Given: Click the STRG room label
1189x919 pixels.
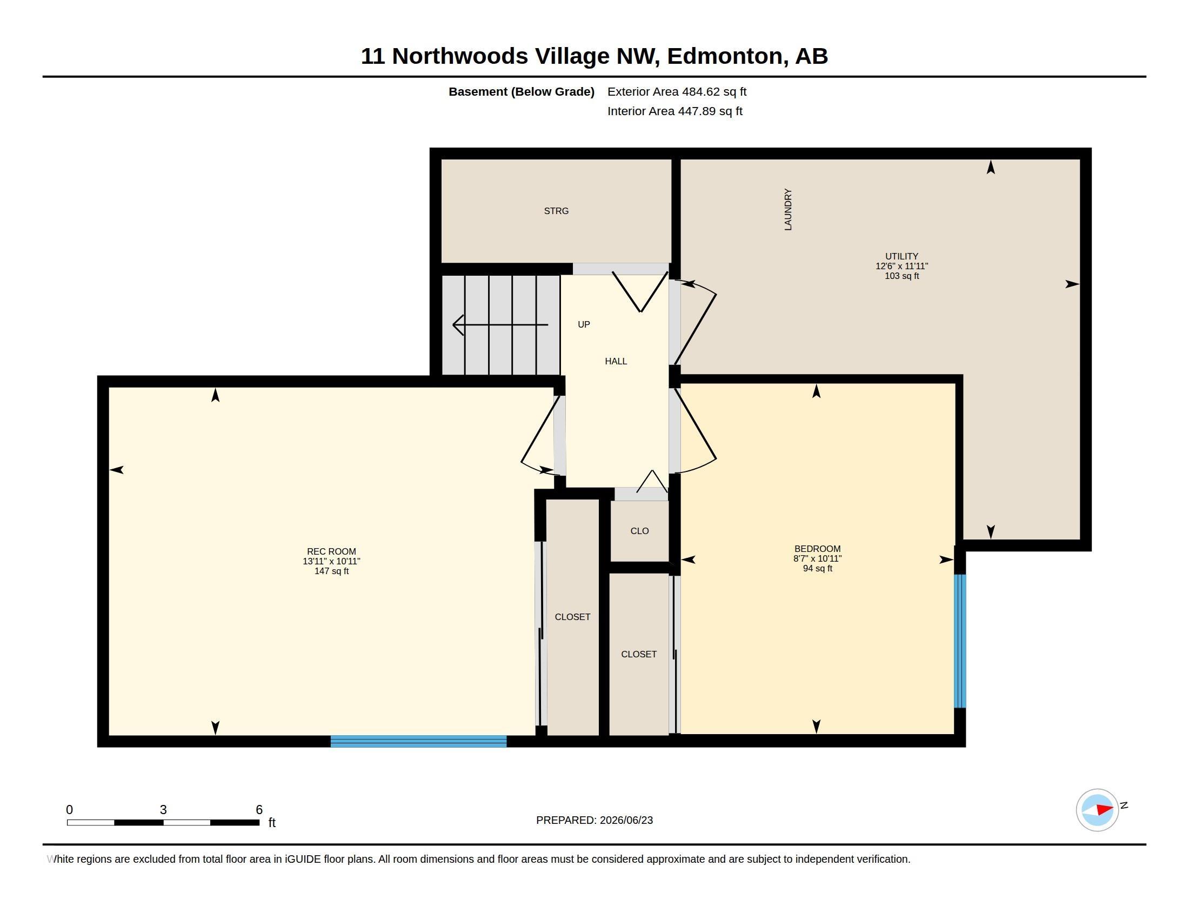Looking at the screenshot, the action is click(x=556, y=211).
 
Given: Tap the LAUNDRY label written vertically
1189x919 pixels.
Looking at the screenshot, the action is click(x=788, y=210).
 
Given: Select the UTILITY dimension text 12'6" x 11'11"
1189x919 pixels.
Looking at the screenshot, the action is click(x=901, y=266).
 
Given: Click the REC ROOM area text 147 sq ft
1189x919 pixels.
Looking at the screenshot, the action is click(x=331, y=571).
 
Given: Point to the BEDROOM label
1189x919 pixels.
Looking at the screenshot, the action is click(x=817, y=549).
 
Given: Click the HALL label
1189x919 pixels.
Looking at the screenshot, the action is click(x=616, y=361).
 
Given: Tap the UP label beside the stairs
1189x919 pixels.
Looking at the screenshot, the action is click(x=584, y=324).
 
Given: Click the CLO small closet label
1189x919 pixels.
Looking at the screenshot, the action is click(x=640, y=531).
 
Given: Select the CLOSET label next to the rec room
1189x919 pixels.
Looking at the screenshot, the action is click(x=572, y=617).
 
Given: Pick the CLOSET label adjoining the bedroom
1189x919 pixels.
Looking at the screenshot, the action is click(x=639, y=654).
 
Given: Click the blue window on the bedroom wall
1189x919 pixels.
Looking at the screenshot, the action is click(x=960, y=641).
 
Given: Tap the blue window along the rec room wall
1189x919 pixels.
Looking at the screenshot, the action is click(x=419, y=741).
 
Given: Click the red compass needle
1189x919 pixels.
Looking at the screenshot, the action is click(x=1104, y=810).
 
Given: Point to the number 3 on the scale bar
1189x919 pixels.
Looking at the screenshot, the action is click(x=163, y=810).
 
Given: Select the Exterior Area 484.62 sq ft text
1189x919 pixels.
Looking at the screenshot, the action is click(x=677, y=92).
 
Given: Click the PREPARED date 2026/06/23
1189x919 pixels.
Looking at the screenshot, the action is click(x=626, y=820).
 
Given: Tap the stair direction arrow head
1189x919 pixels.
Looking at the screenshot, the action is click(x=457, y=325).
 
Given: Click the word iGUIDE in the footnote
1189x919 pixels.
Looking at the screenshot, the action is click(x=303, y=859).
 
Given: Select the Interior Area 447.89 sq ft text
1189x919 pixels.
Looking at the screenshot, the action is click(x=674, y=111).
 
